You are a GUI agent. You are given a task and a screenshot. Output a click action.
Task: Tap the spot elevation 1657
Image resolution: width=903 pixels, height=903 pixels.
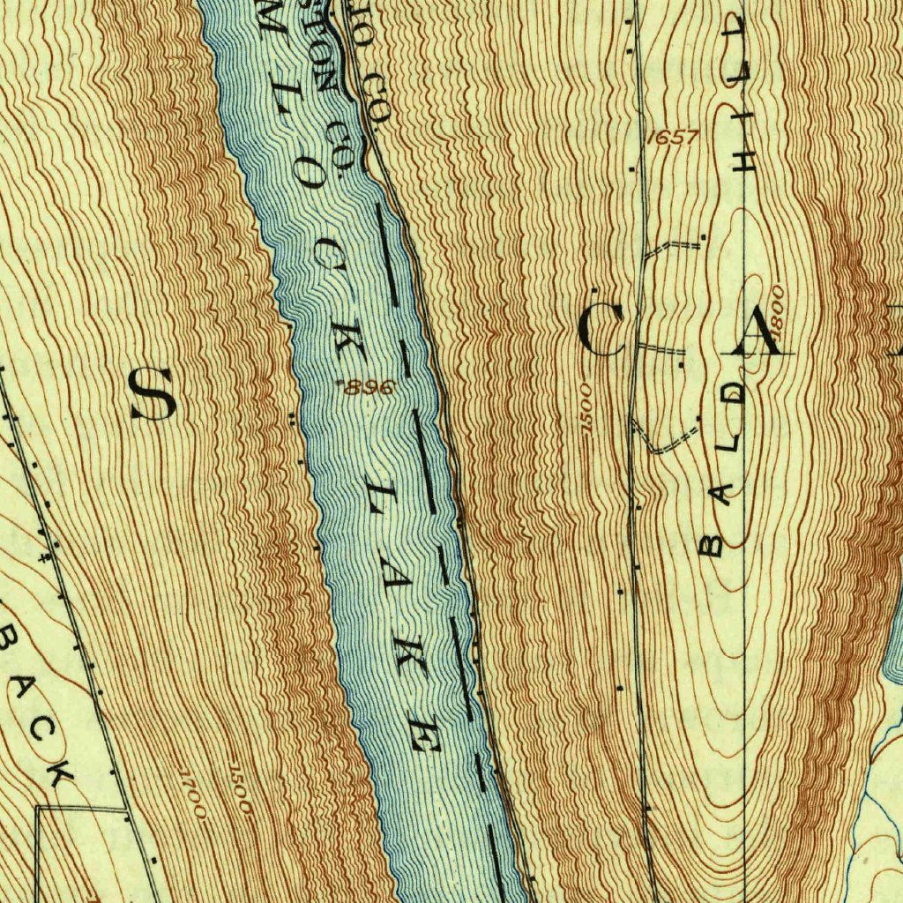[672, 138]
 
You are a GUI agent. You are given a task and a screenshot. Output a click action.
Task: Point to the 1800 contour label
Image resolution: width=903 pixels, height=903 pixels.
[776, 307]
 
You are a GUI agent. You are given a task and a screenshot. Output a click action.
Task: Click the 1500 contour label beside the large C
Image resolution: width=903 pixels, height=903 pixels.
[587, 407]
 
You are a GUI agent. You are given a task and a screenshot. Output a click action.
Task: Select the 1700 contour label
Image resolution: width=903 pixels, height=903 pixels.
[191, 793]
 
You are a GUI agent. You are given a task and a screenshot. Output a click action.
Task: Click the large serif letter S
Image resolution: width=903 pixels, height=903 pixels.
[153, 394]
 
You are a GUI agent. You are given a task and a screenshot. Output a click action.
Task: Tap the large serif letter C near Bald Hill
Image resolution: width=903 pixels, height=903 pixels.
[602, 330]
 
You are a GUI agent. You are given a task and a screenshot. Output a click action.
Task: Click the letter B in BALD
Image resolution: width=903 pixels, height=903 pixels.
[711, 544]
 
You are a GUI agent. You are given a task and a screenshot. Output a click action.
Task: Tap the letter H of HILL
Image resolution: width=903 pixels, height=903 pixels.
[748, 159]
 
